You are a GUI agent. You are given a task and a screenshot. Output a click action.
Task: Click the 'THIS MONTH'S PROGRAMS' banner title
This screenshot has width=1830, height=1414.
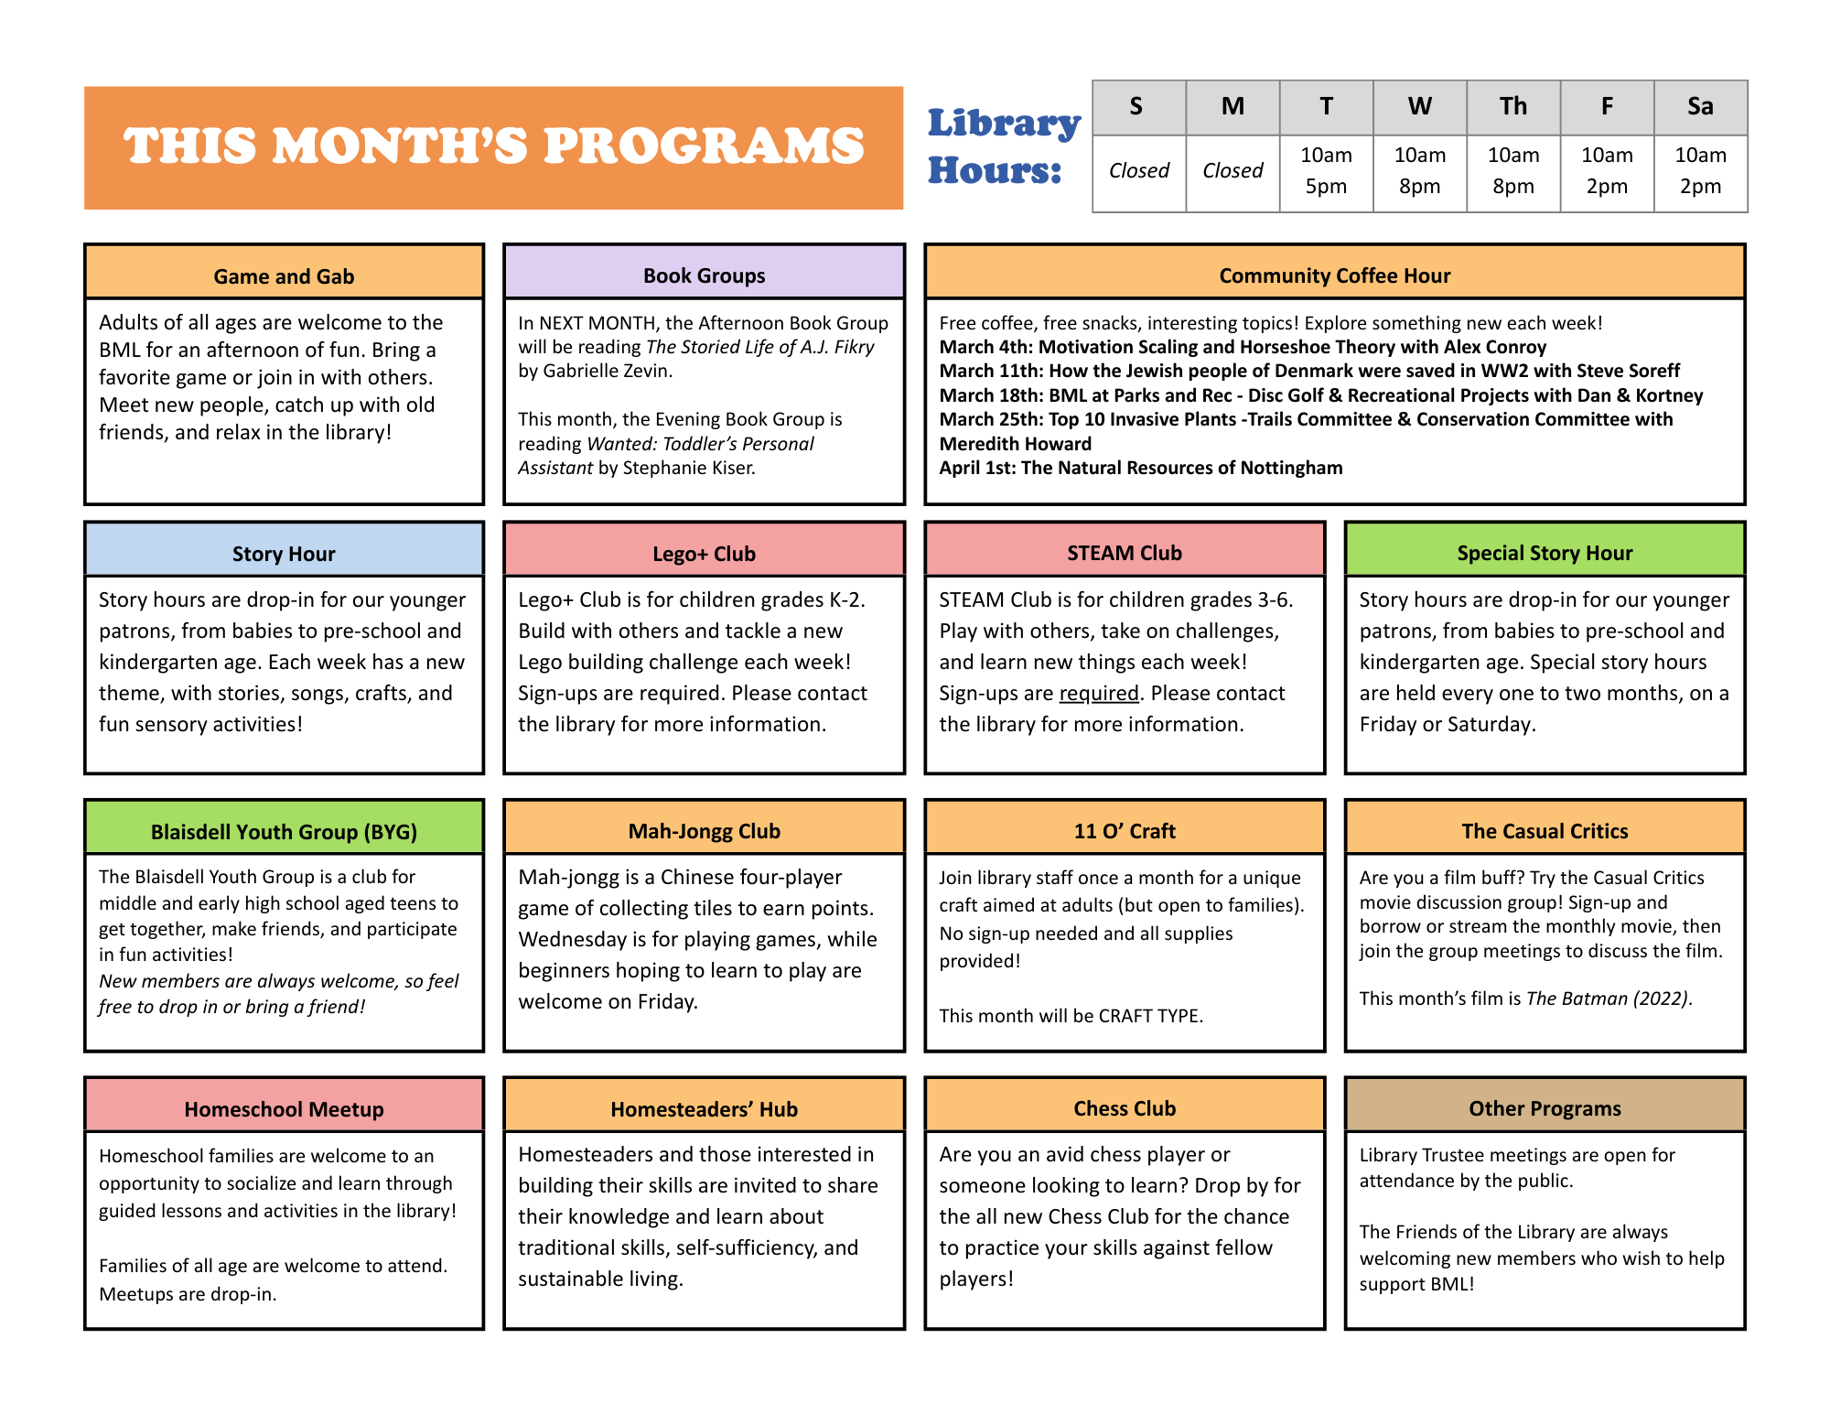(493, 146)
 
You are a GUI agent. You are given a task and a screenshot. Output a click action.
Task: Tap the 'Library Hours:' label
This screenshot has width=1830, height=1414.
(1003, 146)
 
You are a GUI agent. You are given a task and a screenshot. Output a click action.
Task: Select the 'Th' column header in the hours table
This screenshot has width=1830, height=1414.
(1512, 107)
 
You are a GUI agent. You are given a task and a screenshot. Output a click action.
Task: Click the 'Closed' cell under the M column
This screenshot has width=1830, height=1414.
(1233, 171)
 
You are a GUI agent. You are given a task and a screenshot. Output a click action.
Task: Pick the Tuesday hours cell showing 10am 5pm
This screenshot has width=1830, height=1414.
(1326, 171)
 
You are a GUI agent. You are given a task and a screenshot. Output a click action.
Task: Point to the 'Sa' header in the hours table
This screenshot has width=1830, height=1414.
(1700, 107)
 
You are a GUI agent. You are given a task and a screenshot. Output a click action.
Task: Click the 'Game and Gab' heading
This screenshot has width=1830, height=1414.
(284, 276)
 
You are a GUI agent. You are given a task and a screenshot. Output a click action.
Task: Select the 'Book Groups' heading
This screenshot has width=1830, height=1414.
(704, 275)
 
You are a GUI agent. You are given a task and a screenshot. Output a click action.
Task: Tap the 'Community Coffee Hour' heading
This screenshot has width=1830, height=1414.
(1334, 275)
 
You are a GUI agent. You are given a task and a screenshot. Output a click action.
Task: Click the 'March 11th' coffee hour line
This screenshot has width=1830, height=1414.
(1309, 371)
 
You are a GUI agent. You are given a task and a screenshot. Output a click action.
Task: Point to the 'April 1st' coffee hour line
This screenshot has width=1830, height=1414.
(1140, 468)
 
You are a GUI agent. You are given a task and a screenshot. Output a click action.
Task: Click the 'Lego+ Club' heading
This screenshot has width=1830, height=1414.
(704, 554)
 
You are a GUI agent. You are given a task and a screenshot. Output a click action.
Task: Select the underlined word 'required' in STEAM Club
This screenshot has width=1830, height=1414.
(1099, 694)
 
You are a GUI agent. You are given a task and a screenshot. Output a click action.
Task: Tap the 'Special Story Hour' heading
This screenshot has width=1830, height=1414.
(1545, 553)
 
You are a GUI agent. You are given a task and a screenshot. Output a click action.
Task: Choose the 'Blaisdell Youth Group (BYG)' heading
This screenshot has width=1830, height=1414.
(284, 832)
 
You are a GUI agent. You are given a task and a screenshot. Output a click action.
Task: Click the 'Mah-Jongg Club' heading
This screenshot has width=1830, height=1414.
(704, 831)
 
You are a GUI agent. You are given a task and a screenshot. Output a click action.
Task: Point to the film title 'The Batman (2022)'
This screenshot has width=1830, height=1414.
(1608, 998)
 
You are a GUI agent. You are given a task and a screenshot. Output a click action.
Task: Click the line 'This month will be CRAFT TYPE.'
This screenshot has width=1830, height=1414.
(1071, 1016)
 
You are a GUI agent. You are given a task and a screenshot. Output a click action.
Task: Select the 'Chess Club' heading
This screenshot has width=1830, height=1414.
(1125, 1108)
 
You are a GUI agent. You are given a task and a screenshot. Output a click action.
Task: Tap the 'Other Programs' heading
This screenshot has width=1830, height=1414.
(1545, 1108)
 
